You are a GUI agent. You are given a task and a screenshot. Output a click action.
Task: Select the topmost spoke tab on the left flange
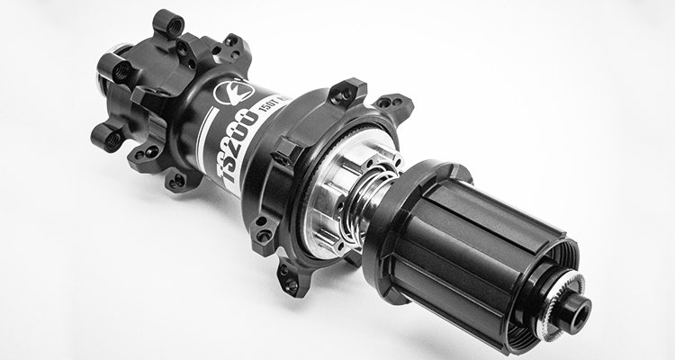pyautogui.click(x=168, y=22)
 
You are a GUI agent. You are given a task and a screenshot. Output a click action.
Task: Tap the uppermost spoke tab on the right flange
pyautogui.click(x=349, y=91)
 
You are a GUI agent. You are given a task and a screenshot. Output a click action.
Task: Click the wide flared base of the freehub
pyautogui.click(x=405, y=198)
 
